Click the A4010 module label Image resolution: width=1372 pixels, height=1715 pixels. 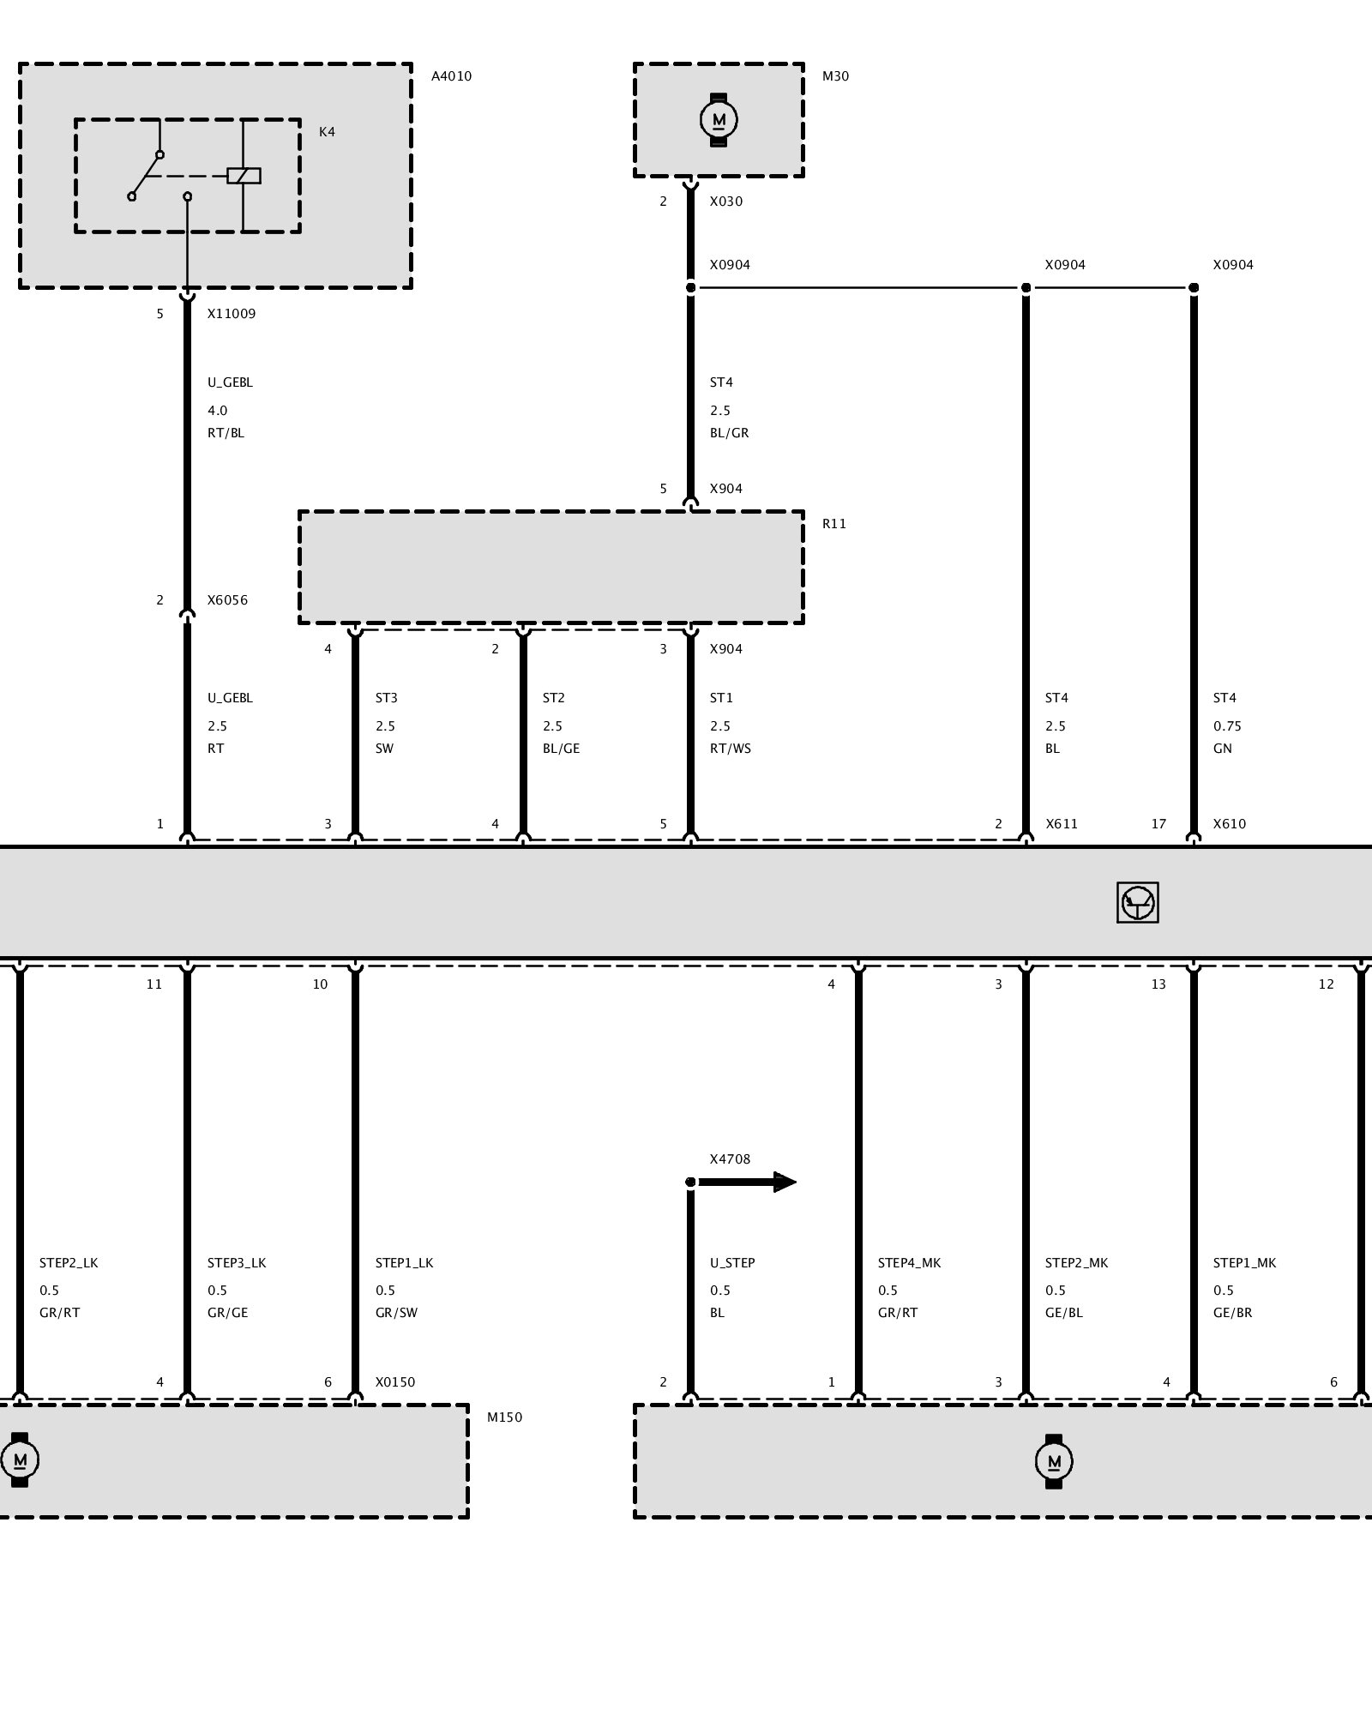coord(451,76)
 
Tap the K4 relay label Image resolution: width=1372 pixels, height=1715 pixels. coord(327,132)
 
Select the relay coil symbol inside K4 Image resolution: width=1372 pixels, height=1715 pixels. coord(244,176)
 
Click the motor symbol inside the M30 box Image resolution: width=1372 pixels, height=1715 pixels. coord(719,120)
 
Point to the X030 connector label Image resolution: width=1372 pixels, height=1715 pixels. coord(726,202)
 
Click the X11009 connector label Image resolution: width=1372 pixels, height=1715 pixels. coord(232,314)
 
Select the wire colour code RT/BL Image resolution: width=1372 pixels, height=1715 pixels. coord(226,433)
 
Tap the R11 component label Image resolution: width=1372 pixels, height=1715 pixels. coord(834,524)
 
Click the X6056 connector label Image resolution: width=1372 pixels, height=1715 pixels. coord(227,600)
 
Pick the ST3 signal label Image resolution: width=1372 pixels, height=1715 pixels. coord(386,698)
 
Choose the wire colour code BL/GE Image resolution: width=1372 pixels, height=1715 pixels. coord(561,749)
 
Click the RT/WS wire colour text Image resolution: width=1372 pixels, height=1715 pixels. coord(730,749)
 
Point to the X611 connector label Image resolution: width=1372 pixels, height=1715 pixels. coord(1062,824)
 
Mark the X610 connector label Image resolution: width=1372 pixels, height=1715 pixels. coord(1230,824)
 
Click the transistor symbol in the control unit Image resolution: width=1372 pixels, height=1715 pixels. coord(1138,902)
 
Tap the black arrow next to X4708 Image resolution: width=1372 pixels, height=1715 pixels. coord(748,1182)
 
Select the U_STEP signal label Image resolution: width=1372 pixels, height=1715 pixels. coord(732,1263)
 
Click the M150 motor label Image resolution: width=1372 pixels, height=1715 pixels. coord(504,1417)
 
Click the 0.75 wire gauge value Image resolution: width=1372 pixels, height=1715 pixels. coord(1227,726)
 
